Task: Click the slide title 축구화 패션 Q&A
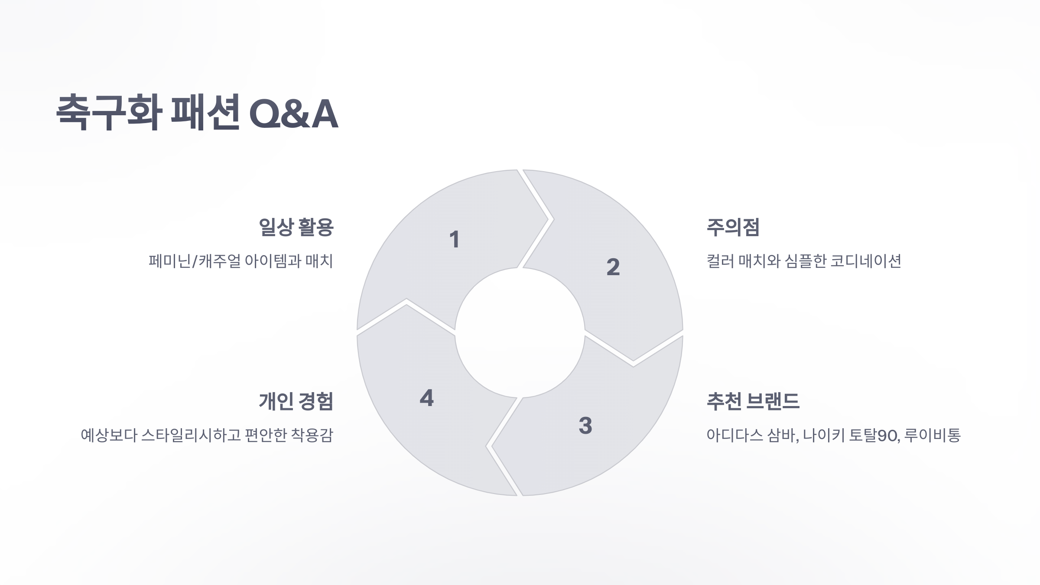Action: [197, 113]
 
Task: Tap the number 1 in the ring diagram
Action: [454, 240]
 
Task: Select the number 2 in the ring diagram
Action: [613, 267]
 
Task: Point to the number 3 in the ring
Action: [585, 426]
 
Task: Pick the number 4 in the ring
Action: [427, 398]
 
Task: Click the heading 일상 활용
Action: [296, 227]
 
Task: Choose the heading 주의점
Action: [733, 227]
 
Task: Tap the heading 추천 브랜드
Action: [753, 401]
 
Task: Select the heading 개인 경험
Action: [296, 401]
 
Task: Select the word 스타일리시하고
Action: [191, 435]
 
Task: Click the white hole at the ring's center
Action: [520, 333]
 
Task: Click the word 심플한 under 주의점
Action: [806, 261]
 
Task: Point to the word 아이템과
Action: [273, 261]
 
